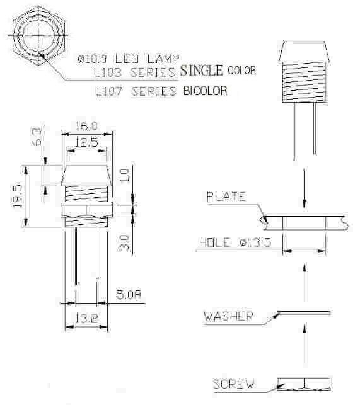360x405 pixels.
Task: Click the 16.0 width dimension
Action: tap(86, 126)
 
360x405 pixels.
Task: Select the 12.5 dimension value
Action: tap(86, 142)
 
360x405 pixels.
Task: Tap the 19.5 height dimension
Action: tap(17, 196)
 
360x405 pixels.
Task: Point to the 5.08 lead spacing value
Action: tap(129, 295)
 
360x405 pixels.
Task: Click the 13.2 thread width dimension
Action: tap(86, 318)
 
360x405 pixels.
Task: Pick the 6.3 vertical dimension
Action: tap(37, 137)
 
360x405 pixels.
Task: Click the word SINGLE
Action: tap(202, 71)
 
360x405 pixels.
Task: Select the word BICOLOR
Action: tap(206, 91)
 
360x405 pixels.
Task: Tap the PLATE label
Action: tap(226, 197)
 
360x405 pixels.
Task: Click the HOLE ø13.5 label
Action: tap(235, 242)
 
